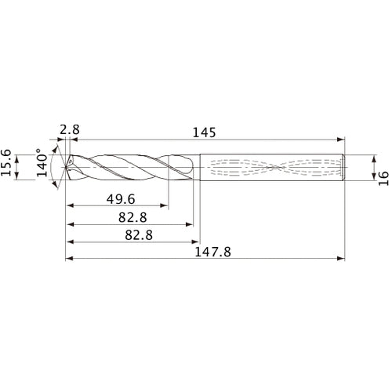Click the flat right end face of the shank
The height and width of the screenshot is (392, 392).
[x=346, y=167]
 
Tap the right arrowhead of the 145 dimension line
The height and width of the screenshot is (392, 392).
[x=343, y=139]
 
